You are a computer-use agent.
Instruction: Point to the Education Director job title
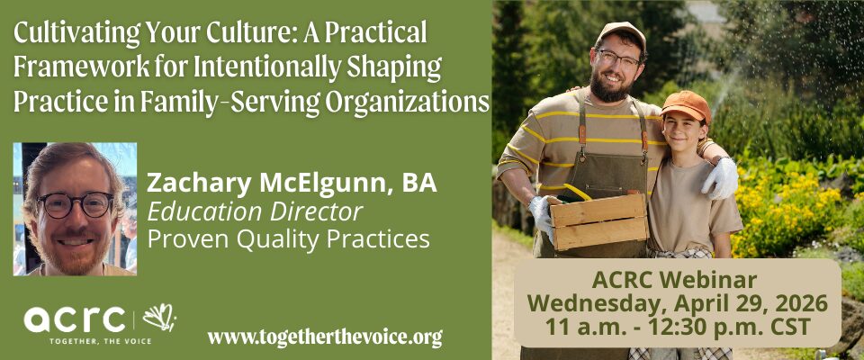(x=255, y=212)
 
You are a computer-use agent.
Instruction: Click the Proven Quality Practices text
(x=288, y=239)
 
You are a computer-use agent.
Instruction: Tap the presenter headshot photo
(x=75, y=209)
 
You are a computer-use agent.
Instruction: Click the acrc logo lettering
(x=75, y=319)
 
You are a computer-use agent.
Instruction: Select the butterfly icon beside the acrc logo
(x=160, y=318)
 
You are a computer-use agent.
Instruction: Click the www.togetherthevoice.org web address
(x=325, y=337)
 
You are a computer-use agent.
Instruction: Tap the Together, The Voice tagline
(x=100, y=342)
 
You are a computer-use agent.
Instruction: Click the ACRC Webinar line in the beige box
(x=674, y=280)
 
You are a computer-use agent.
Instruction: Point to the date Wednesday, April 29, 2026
(x=677, y=303)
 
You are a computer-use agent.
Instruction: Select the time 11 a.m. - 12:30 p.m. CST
(x=678, y=327)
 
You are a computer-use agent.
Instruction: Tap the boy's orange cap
(x=686, y=104)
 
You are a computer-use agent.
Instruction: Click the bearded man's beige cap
(x=621, y=33)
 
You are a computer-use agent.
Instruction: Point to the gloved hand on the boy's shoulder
(x=720, y=177)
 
